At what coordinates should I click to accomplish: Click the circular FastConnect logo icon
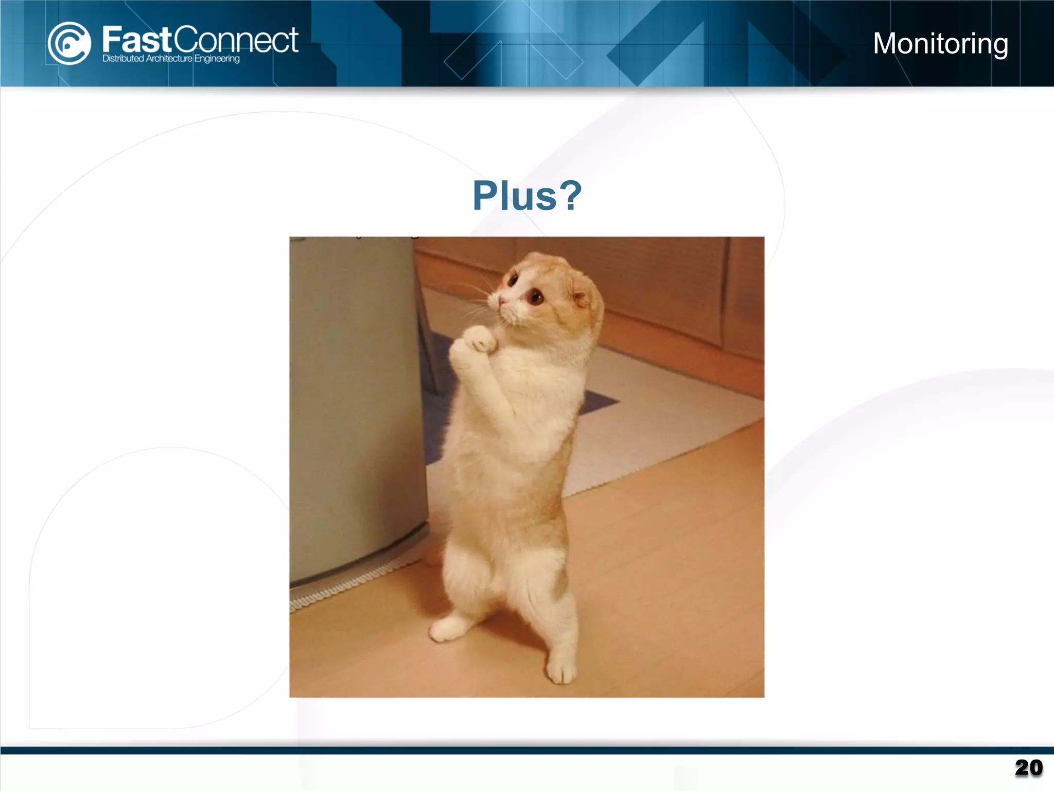(x=69, y=43)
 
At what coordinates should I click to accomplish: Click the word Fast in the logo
(x=136, y=40)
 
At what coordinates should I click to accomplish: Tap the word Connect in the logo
(x=236, y=40)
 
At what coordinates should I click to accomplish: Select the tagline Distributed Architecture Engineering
(x=171, y=59)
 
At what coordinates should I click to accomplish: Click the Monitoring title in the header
(x=940, y=43)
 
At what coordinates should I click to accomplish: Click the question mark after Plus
(x=571, y=196)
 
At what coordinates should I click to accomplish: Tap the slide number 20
(x=1028, y=768)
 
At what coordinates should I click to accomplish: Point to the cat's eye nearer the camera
(x=535, y=297)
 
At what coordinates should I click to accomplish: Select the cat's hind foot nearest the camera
(x=561, y=669)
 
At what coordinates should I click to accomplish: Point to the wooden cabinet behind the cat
(x=669, y=288)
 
